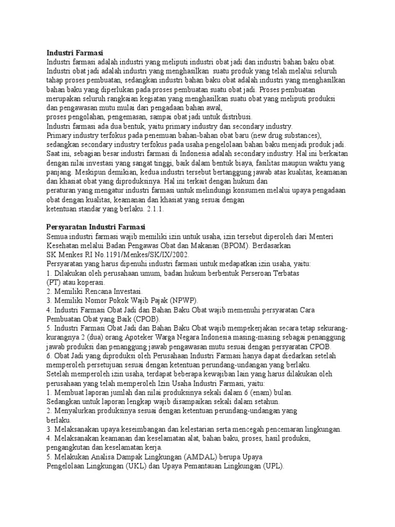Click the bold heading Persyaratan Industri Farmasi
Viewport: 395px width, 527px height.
[96, 227]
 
